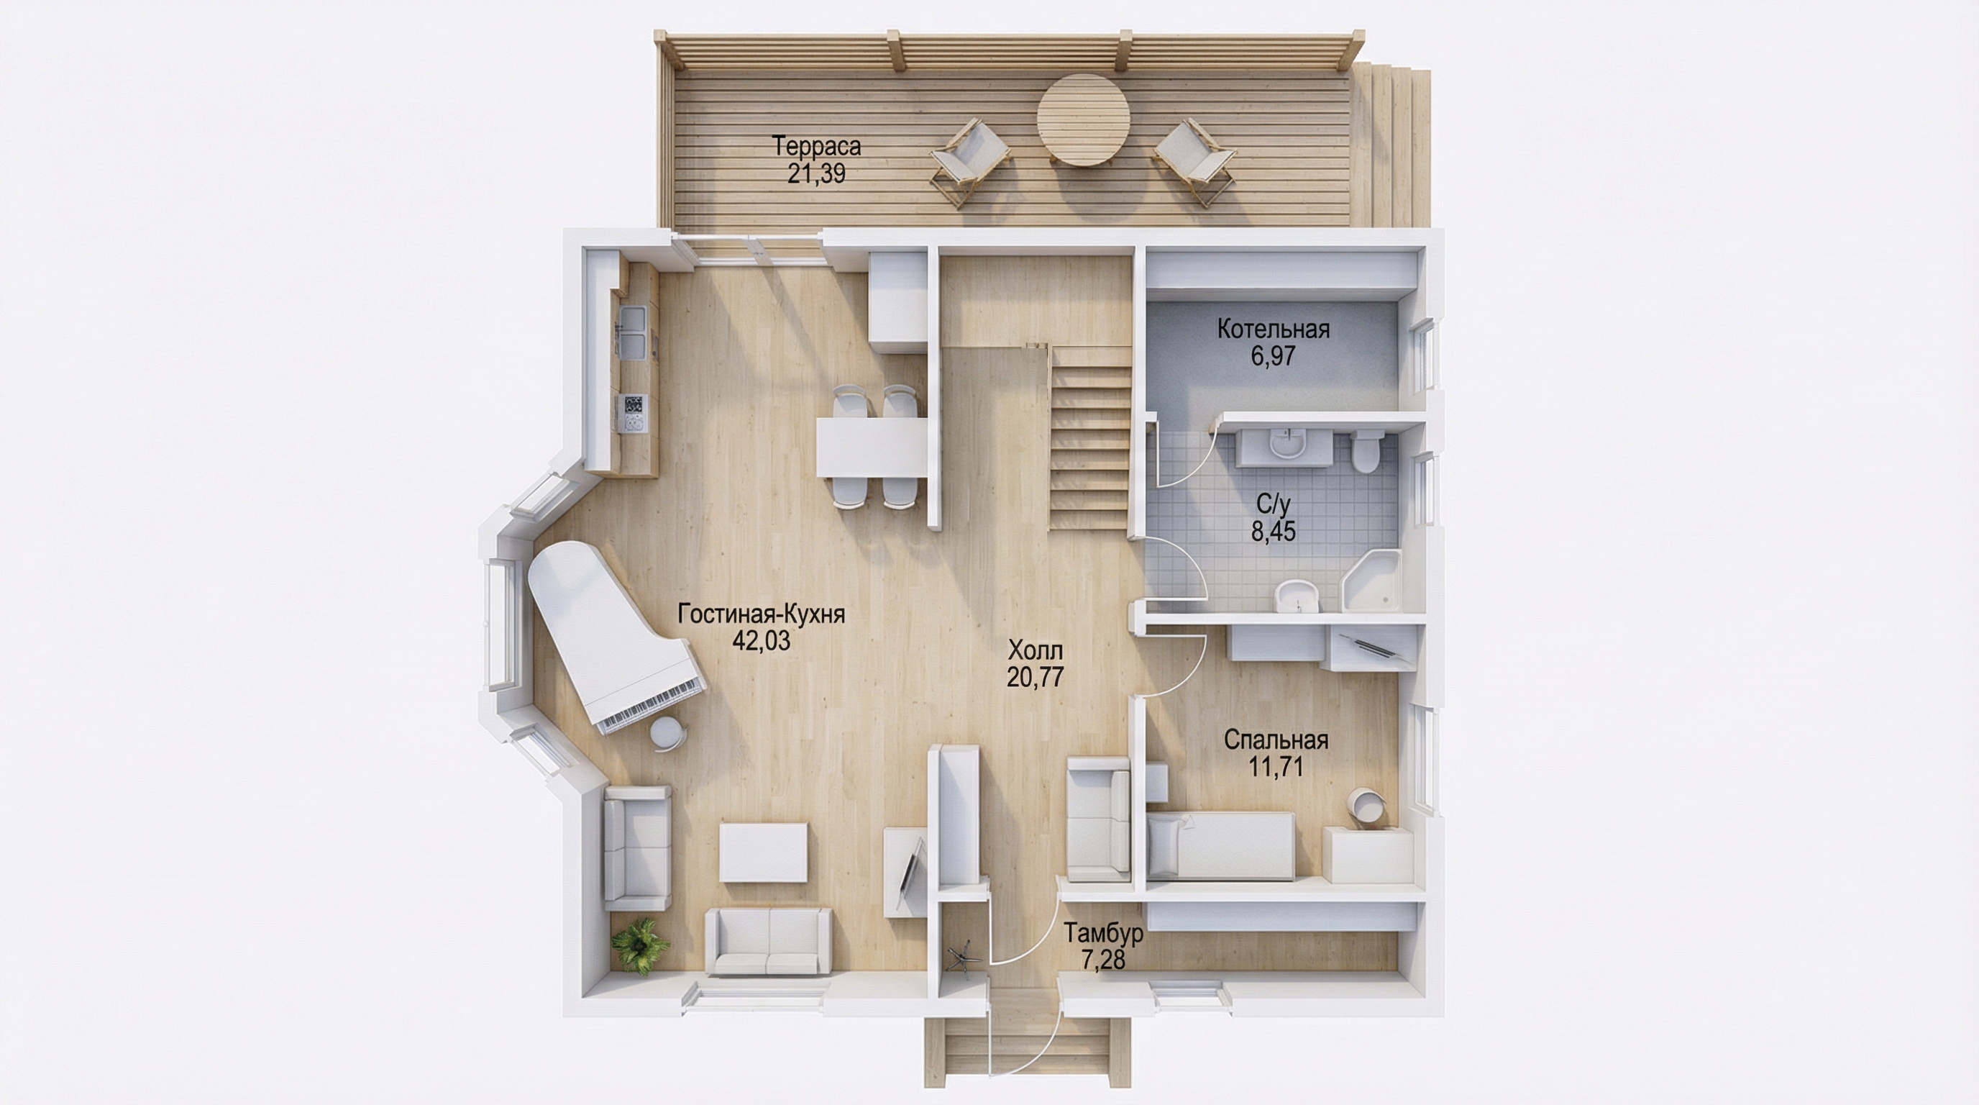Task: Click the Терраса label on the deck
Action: [816, 146]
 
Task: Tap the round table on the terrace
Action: [1083, 119]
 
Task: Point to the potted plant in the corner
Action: [639, 946]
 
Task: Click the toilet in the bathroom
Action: [1366, 452]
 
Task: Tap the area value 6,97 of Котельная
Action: [1273, 357]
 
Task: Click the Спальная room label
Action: [1276, 740]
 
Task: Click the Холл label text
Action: [1036, 651]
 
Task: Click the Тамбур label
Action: [1103, 933]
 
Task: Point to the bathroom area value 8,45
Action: [1273, 531]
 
